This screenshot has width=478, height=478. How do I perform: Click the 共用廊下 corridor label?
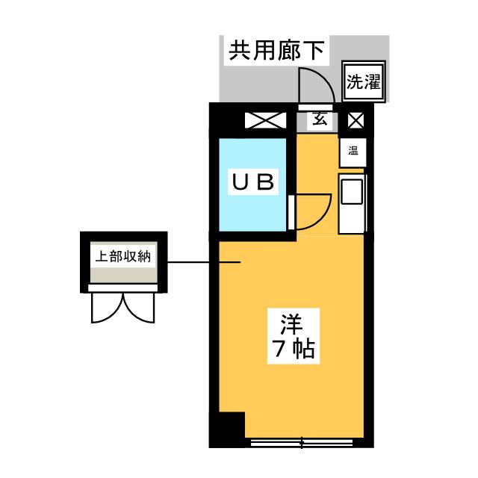(276, 51)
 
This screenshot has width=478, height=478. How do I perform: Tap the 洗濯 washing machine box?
(364, 81)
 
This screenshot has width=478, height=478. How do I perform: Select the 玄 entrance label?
(319, 119)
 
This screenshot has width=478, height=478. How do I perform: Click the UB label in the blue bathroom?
(253, 181)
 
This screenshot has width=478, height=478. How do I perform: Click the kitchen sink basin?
(352, 192)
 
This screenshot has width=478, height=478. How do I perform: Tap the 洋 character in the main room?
(291, 323)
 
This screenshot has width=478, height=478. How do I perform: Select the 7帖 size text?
(293, 349)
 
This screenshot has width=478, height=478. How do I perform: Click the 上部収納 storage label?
(123, 256)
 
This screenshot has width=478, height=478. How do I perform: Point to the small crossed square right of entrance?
(356, 120)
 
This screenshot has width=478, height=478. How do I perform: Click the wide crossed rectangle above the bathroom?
(266, 120)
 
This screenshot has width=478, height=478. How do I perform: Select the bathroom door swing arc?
(314, 211)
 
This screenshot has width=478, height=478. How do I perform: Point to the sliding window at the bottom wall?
(302, 443)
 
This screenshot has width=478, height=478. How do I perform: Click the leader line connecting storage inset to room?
(204, 262)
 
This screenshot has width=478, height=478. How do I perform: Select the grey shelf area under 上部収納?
(124, 275)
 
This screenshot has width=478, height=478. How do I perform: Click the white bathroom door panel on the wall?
(291, 212)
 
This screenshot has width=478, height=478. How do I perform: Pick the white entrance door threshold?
(315, 107)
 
